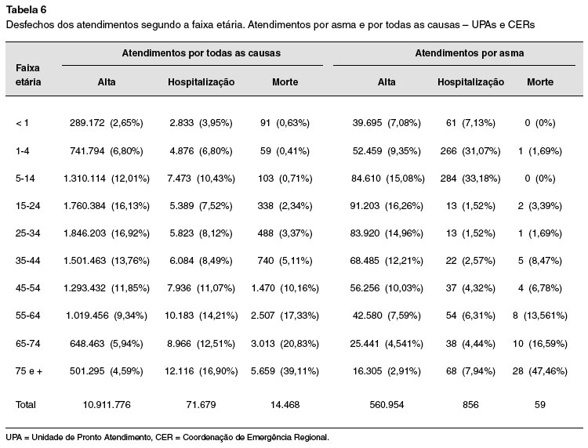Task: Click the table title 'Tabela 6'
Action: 26,9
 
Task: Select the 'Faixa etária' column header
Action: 28,75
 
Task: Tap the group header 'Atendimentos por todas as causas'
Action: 201,53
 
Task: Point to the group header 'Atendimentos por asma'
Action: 469,53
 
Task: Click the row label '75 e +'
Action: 29,370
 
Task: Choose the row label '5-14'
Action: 25,179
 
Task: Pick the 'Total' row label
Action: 26,405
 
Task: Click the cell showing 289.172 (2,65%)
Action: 107,123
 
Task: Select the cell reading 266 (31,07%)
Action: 470,151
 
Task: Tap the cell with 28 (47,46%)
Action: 539,370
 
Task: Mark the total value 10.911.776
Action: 107,405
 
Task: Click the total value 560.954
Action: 387,405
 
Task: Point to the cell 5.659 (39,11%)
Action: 285,370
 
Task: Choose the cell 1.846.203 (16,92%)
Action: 107,233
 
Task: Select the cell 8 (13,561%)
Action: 539,316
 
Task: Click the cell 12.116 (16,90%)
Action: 201,370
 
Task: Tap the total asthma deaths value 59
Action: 540,405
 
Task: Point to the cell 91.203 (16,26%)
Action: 387,206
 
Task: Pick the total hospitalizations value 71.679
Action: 201,405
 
